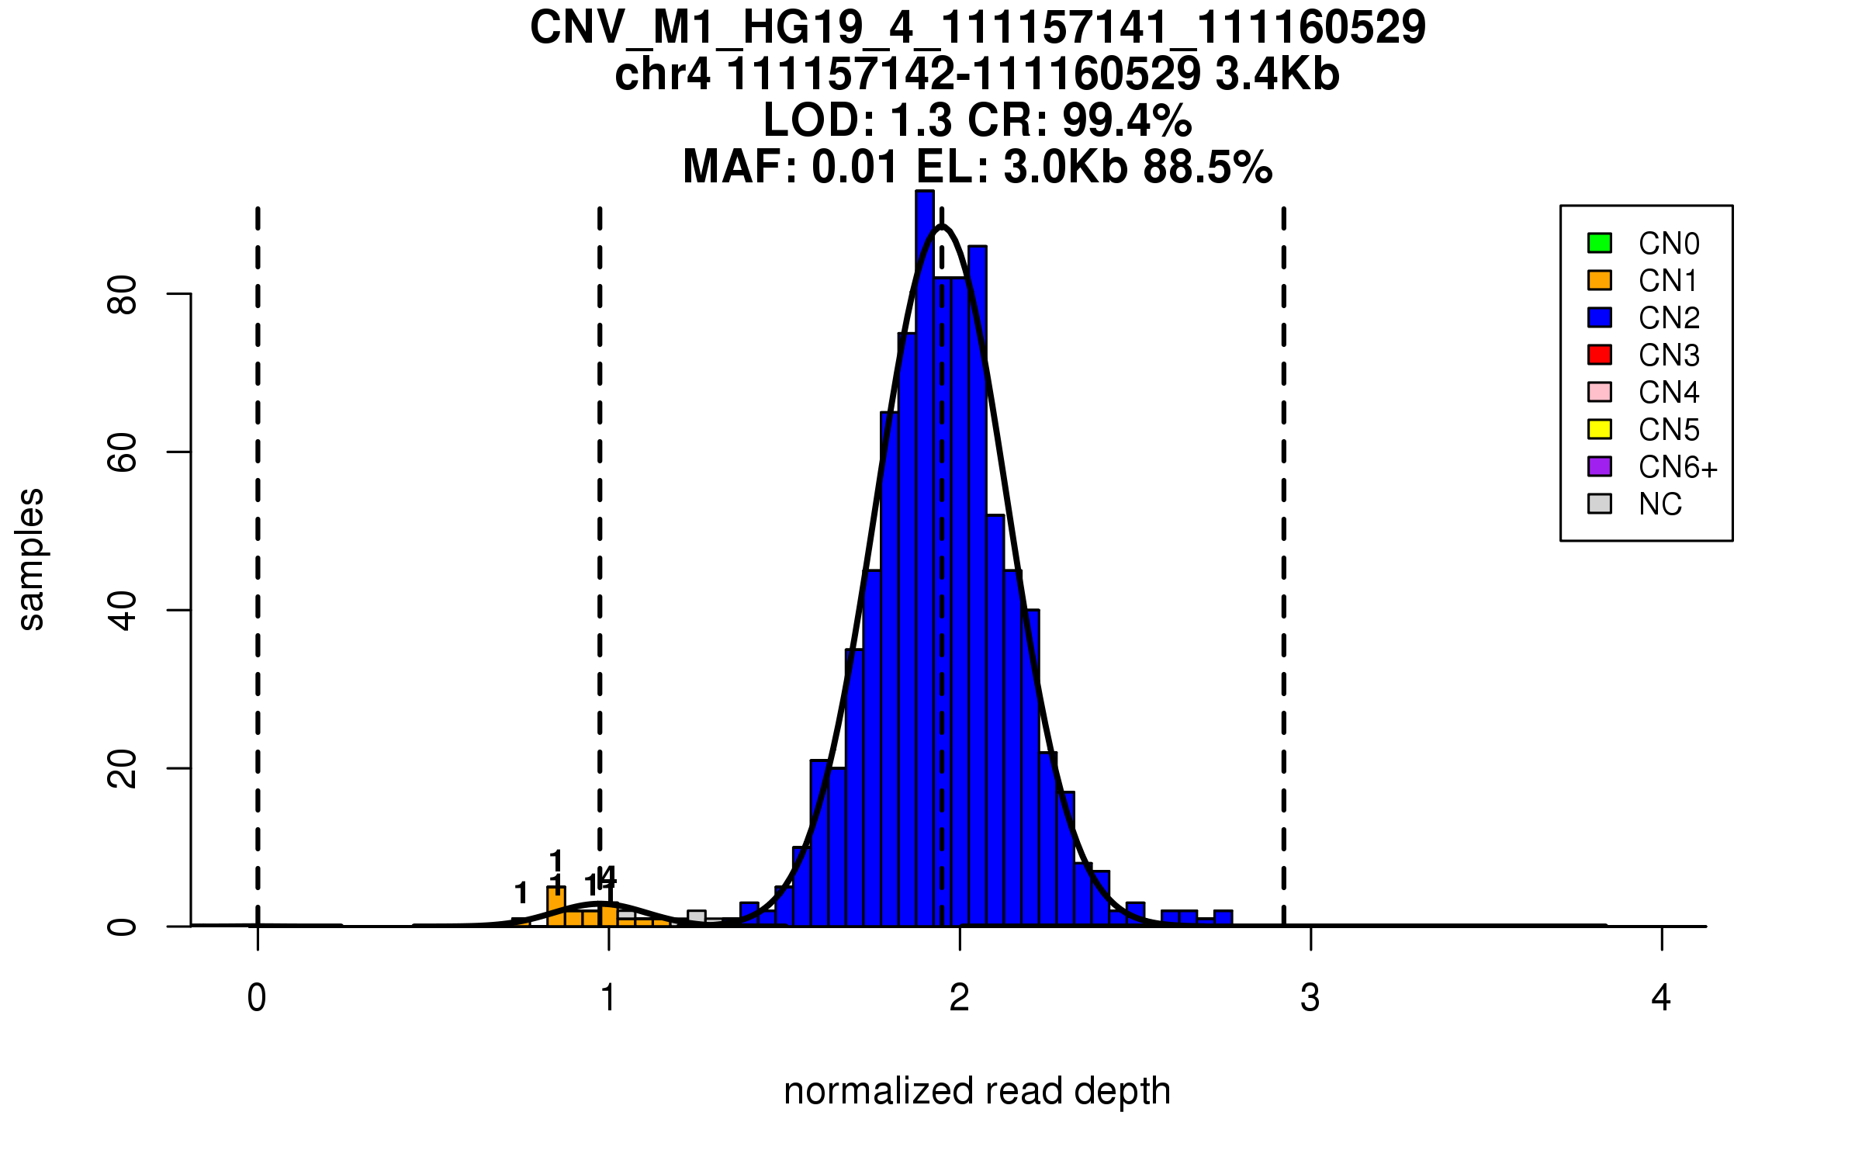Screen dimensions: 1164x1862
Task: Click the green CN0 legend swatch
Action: point(1600,243)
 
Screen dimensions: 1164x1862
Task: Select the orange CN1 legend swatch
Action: point(1600,280)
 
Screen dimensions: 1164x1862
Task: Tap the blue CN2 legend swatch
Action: point(1600,317)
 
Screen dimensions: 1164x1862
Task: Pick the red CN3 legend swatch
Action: point(1600,355)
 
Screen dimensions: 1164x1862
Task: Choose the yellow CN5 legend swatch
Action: point(1600,429)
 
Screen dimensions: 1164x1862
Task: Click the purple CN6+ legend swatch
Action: point(1600,466)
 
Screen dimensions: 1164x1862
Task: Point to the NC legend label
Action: point(1660,504)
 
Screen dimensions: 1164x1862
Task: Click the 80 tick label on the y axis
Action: point(123,294)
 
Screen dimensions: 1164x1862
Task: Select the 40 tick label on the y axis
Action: point(123,610)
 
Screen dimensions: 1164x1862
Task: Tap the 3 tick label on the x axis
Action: point(1310,998)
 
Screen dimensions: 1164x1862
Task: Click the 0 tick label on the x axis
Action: point(257,998)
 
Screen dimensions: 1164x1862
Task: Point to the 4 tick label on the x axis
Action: point(1661,998)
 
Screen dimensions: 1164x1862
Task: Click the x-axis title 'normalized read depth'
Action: point(977,1091)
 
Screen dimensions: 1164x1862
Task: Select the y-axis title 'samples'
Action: point(31,559)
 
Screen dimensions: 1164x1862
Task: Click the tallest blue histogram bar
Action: point(924,559)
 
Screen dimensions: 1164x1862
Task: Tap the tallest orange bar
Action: point(556,906)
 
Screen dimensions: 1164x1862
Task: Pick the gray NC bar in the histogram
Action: point(696,917)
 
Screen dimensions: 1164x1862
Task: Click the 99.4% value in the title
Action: point(1127,120)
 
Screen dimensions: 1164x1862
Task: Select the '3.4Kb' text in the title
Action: point(1277,74)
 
